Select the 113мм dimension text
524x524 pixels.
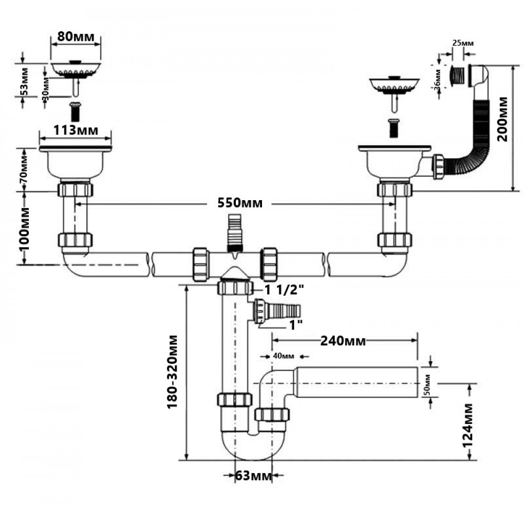point(76,129)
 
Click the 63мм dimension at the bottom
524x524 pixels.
point(253,476)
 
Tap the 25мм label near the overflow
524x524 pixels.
point(462,42)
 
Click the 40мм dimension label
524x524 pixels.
point(283,356)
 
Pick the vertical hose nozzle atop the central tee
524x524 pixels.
point(234,233)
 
